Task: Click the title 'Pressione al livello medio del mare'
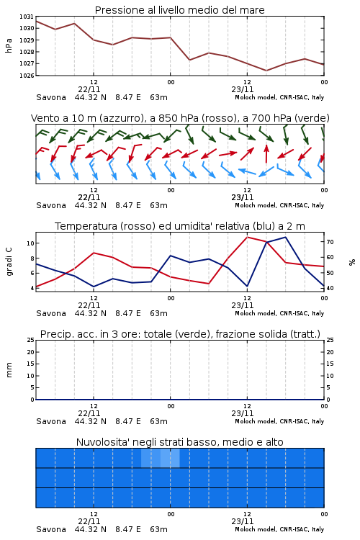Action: coord(179,10)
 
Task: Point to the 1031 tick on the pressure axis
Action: coord(26,17)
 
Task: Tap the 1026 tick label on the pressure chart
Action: coord(26,76)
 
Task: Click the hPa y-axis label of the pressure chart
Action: coord(9,45)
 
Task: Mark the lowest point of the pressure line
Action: coord(266,71)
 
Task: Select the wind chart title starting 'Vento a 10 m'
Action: coord(180,118)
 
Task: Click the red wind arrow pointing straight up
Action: coord(266,153)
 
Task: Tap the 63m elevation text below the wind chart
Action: coord(159,205)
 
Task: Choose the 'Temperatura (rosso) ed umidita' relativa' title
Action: coord(180,226)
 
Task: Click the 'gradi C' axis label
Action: coord(9,262)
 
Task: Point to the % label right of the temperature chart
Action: coord(352,262)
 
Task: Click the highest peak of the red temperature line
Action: coord(247,237)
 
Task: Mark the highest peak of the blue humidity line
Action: coord(285,237)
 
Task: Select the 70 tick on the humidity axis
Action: coord(330,242)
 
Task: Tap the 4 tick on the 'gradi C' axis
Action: coord(32,288)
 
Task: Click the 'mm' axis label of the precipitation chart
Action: coord(9,370)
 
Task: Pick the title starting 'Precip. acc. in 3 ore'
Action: coord(180,334)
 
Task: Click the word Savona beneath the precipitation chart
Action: coord(51,421)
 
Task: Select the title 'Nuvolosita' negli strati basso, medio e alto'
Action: coord(179,442)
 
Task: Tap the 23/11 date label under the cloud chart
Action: coord(243,521)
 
